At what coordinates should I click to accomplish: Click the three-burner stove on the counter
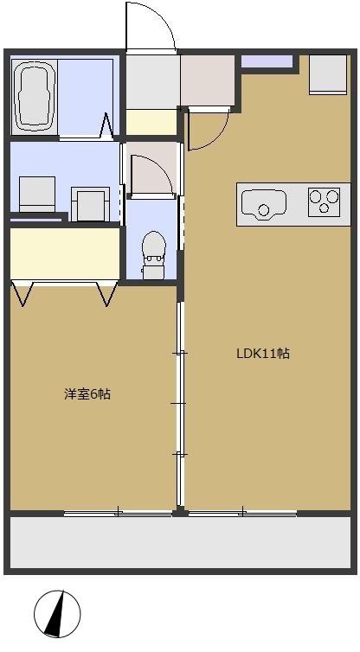pyautogui.click(x=324, y=202)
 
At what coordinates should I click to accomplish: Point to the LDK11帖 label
pyautogui.click(x=263, y=354)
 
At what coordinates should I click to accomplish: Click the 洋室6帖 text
pyautogui.click(x=87, y=394)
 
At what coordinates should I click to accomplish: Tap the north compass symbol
pyautogui.click(x=57, y=615)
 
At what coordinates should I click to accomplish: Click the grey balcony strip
pyautogui.click(x=179, y=543)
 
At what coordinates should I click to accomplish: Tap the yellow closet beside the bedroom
pyautogui.click(x=62, y=252)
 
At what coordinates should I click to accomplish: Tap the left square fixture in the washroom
pyautogui.click(x=36, y=193)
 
